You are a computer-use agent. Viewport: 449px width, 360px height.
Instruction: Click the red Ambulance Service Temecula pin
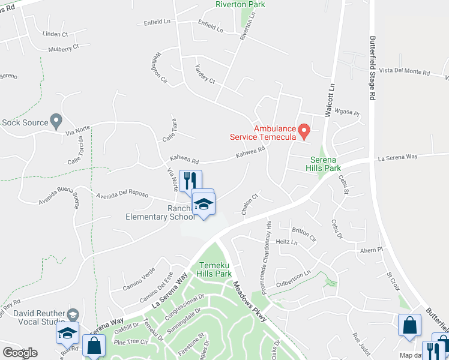tap(304, 129)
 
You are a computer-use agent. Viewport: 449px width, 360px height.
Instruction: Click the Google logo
tap(20, 353)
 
